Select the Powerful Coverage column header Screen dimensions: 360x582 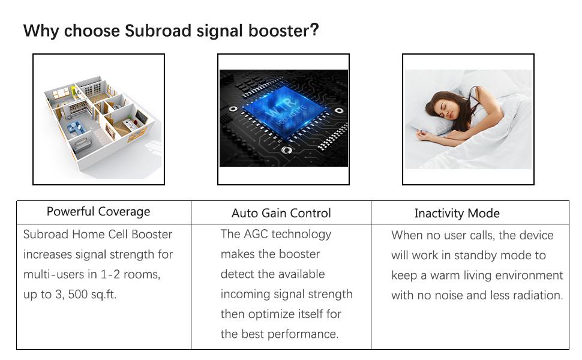tap(98, 212)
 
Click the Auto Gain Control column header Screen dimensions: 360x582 tap(281, 213)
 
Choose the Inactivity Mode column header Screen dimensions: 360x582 tap(457, 213)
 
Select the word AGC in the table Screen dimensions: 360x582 tap(257, 234)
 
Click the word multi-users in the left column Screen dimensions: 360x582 tap(55, 275)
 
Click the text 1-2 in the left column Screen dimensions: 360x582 tap(112, 275)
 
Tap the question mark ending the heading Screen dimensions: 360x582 tap(314, 31)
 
